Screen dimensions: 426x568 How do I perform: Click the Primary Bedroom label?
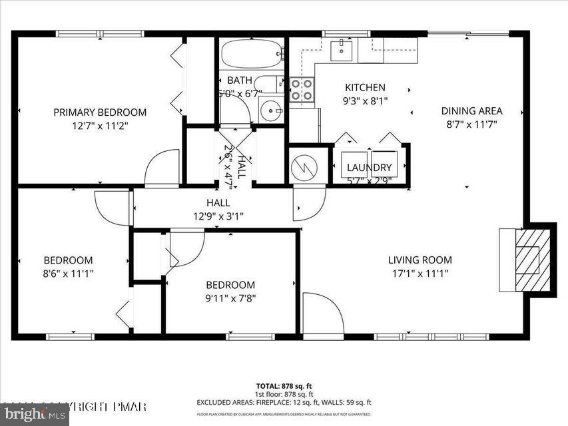tap(100, 112)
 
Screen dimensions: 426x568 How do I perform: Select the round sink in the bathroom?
tap(272, 110)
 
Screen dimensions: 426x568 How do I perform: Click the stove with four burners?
tap(302, 90)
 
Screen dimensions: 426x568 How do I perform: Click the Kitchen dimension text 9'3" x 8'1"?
tap(364, 101)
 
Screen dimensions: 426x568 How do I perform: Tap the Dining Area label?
tap(471, 111)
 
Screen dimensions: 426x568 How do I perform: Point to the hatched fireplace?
tap(529, 260)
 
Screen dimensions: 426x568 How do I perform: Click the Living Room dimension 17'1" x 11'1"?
tap(420, 273)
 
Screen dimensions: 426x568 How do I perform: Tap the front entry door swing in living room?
tap(321, 313)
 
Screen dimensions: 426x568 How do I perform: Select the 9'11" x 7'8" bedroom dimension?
tap(230, 298)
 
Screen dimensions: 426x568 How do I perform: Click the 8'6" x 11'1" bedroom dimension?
tap(68, 273)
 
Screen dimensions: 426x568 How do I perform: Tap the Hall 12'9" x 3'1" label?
tap(218, 216)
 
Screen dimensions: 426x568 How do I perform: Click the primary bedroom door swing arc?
tap(163, 166)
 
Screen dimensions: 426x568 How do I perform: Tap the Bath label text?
tap(239, 81)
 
